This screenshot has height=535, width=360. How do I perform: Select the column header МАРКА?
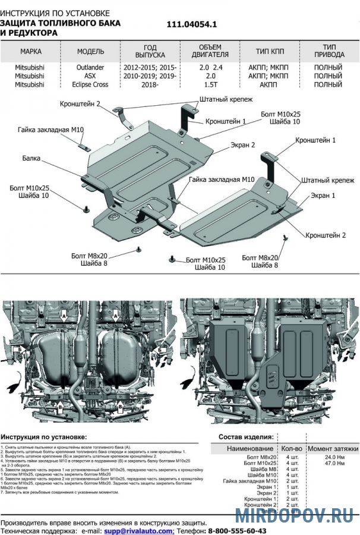[x=30, y=52]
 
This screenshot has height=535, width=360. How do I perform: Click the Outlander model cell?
[x=90, y=68]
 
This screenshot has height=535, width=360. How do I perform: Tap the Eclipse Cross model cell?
[x=90, y=84]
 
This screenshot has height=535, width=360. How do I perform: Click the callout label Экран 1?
[x=323, y=196]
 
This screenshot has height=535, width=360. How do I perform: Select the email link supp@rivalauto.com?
[x=139, y=530]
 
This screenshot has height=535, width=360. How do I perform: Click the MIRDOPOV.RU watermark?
[x=295, y=515]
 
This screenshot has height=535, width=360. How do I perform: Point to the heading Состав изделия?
[x=245, y=437]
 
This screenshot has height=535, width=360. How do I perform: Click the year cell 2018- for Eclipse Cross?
[x=150, y=84]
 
